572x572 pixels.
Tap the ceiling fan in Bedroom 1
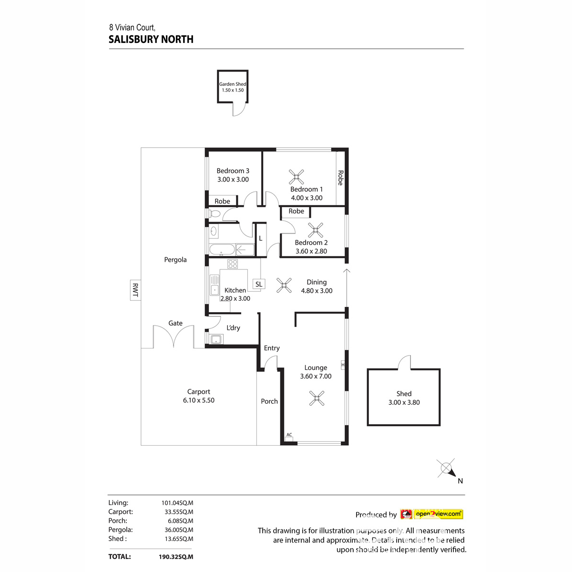click(296, 177)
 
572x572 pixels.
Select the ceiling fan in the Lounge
click(317, 398)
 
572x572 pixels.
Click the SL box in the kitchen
click(259, 284)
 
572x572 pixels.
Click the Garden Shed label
click(233, 84)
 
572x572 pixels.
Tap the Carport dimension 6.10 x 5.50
click(199, 400)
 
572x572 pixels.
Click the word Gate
click(175, 323)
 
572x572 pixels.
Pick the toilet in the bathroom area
click(214, 214)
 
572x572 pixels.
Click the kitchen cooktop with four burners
click(233, 264)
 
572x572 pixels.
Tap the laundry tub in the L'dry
click(216, 339)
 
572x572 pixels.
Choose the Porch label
click(269, 401)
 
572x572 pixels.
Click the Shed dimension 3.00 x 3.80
click(404, 402)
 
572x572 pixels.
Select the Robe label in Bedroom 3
click(222, 201)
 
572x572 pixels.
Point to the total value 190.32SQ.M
click(176, 556)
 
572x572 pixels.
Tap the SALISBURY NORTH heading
click(151, 40)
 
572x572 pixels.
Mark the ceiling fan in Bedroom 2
click(315, 231)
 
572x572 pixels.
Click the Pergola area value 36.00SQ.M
click(177, 530)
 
